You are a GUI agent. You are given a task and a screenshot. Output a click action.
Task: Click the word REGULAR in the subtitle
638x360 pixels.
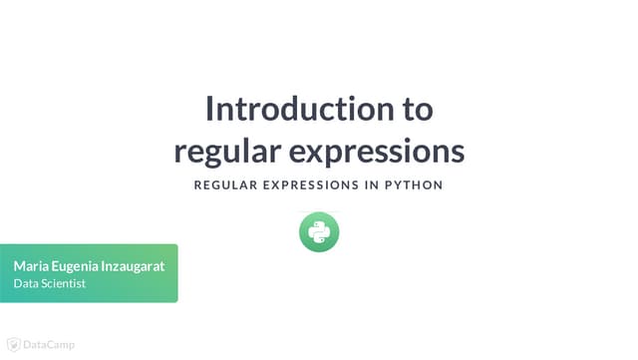tap(226, 185)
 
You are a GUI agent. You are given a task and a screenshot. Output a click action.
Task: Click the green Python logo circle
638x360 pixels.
tap(319, 232)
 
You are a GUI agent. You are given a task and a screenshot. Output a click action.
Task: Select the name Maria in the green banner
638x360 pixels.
tap(31, 266)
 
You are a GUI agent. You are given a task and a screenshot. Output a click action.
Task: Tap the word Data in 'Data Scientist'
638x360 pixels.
tap(25, 284)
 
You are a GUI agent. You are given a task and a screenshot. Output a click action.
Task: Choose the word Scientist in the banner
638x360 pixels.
tap(63, 284)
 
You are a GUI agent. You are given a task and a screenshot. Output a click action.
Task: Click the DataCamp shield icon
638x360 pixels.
tap(14, 345)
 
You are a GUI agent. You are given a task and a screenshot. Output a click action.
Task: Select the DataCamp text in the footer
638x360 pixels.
tap(49, 345)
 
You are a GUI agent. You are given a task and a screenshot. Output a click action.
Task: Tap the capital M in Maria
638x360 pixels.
tap(19, 266)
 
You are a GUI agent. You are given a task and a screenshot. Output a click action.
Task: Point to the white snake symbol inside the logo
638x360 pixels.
tap(319, 232)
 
